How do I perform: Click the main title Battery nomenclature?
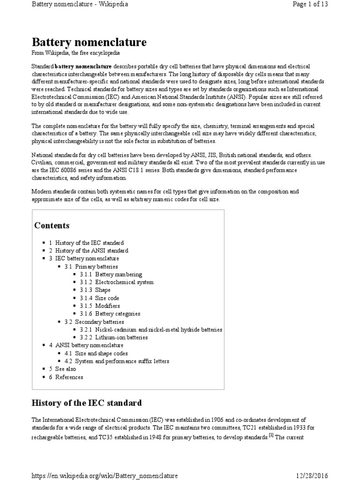pos(89,43)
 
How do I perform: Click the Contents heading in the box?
pos(52,225)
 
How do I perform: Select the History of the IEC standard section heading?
pos(86,403)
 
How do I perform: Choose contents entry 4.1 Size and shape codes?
pos(100,353)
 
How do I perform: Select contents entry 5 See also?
pos(66,369)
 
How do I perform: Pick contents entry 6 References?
pos(69,377)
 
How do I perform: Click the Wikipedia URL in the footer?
pos(104,476)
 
